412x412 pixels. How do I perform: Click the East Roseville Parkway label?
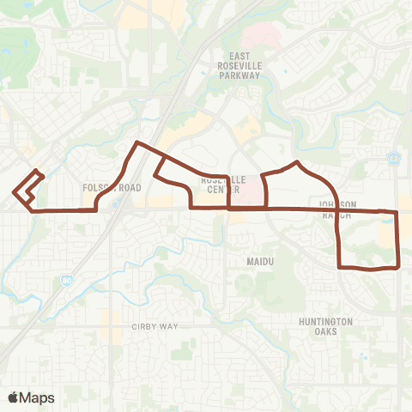point(240,65)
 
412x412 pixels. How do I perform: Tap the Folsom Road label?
point(112,187)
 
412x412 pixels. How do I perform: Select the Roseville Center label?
point(223,185)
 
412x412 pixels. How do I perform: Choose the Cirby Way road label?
point(154,326)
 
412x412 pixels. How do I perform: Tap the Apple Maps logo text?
point(39,397)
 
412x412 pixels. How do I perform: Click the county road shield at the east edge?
point(393,158)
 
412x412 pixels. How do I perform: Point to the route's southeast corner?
point(398,267)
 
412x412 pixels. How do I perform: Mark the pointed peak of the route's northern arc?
point(297,161)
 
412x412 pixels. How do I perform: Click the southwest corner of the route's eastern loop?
point(340,267)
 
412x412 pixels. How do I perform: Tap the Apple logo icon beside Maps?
point(13,397)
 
